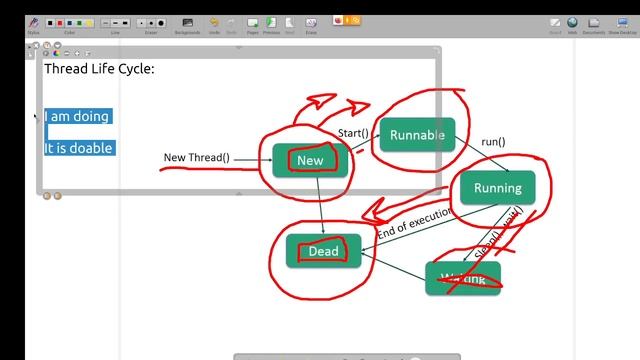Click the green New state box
pyautogui.click(x=310, y=160)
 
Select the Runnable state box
pyautogui.click(x=417, y=135)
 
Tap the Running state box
pyautogui.click(x=497, y=188)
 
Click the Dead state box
pyautogui.click(x=323, y=251)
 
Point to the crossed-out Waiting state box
pyautogui.click(x=462, y=279)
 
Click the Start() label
pyautogui.click(x=353, y=133)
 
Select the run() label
pyautogui.click(x=493, y=142)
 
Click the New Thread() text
pyautogui.click(x=196, y=158)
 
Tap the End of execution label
pyautogui.click(x=415, y=222)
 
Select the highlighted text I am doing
pyautogui.click(x=77, y=117)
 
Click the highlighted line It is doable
pyautogui.click(x=78, y=148)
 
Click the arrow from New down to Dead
pyautogui.click(x=321, y=206)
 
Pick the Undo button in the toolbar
pyautogui.click(x=214, y=23)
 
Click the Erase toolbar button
pyautogui.click(x=311, y=23)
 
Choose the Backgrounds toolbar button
pyautogui.click(x=187, y=23)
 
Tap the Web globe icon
pyautogui.click(x=572, y=23)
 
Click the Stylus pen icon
pyautogui.click(x=33, y=23)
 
